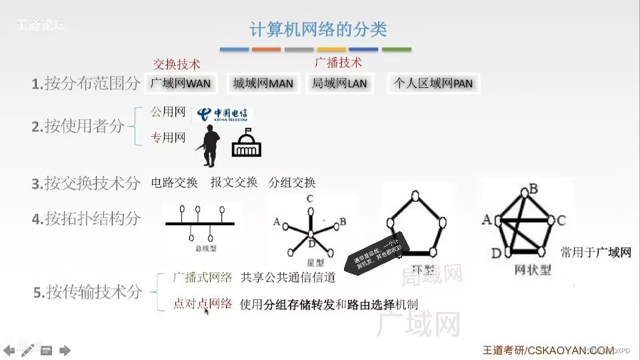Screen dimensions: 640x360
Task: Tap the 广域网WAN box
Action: (x=180, y=84)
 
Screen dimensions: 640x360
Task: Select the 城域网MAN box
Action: (x=263, y=84)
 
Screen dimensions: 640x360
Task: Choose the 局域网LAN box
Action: (x=339, y=84)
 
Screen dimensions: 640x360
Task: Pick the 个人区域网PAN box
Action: (x=433, y=84)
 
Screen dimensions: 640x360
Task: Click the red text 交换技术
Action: (x=177, y=64)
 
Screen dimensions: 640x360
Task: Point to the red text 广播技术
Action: (x=338, y=62)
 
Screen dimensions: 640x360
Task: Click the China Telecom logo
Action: (x=223, y=115)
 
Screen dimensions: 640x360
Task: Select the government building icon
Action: (x=246, y=144)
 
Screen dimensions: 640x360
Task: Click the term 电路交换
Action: (x=175, y=183)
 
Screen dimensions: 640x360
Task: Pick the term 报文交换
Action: (x=233, y=183)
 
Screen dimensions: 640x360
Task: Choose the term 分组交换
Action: (x=292, y=183)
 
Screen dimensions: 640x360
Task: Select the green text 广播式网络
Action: (x=202, y=277)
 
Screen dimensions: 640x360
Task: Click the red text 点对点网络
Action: (x=202, y=304)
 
